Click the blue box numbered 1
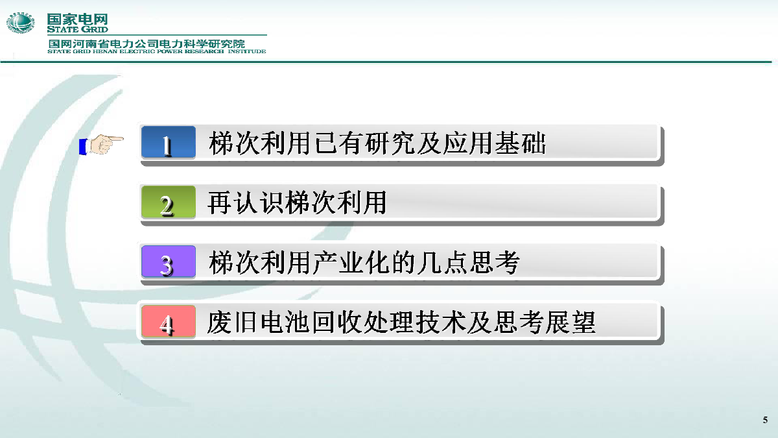[x=169, y=142]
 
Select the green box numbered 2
[x=169, y=202]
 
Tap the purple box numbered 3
[x=169, y=262]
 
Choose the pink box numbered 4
[x=169, y=322]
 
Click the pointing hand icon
[x=101, y=145]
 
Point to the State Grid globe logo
[x=21, y=23]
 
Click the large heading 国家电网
[x=77, y=19]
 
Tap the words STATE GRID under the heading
[x=77, y=30]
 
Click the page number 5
[x=765, y=420]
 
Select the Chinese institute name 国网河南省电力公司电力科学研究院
[x=147, y=44]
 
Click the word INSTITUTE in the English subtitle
[x=247, y=51]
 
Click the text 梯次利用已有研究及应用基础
[x=377, y=143]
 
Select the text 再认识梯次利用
[x=298, y=202]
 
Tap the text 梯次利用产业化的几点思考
[x=364, y=262]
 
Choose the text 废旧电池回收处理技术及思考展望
[x=401, y=322]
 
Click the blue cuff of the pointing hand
[x=83, y=147]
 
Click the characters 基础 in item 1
[x=520, y=143]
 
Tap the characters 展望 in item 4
[x=571, y=322]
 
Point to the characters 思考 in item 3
[x=495, y=262]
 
